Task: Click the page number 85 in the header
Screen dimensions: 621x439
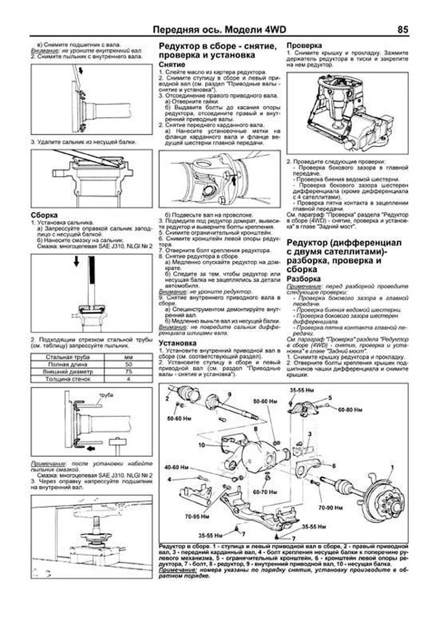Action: pyautogui.click(x=402, y=30)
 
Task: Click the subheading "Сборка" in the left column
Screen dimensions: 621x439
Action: pyautogui.click(x=44, y=215)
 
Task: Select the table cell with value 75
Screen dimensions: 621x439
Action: pyautogui.click(x=128, y=371)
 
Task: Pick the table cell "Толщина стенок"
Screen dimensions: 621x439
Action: pyautogui.click(x=68, y=379)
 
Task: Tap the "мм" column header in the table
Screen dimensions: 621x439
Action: pyautogui.click(x=128, y=357)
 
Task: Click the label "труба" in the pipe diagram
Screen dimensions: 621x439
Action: pyautogui.click(x=106, y=395)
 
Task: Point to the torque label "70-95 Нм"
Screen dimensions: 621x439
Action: pyautogui.click(x=197, y=517)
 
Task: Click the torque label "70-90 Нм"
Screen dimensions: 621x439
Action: pyautogui.click(x=330, y=508)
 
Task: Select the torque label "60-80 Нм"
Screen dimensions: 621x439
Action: pyautogui.click(x=350, y=410)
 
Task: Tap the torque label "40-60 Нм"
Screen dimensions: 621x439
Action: pyautogui.click(x=176, y=468)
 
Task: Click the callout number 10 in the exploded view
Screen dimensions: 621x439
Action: pyautogui.click(x=202, y=445)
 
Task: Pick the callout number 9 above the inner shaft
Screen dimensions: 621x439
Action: pyautogui.click(x=229, y=394)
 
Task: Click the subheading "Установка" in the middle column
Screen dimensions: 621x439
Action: pyautogui.click(x=177, y=343)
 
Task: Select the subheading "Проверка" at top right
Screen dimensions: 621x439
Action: pyautogui.click(x=304, y=45)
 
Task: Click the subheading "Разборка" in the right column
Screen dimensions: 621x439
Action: pyautogui.click(x=302, y=278)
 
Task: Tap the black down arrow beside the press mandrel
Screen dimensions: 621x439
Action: pyautogui.click(x=76, y=261)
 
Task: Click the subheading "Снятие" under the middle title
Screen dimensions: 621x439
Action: pyautogui.click(x=172, y=64)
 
